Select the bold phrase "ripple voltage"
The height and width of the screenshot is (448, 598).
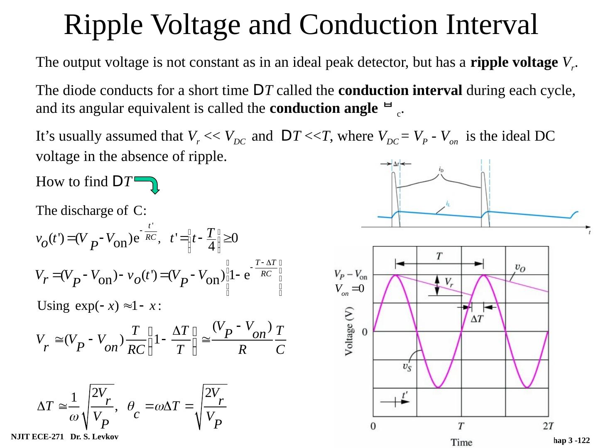click(x=515, y=63)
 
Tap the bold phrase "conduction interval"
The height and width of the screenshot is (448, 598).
click(x=400, y=90)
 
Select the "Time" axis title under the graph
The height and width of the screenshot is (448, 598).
click(x=461, y=442)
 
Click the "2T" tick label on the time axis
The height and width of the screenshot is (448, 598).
click(x=548, y=426)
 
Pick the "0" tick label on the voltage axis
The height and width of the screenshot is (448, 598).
click(x=364, y=332)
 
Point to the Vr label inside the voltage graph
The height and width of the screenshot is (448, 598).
click(x=449, y=282)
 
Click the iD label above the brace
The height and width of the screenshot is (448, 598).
click(x=441, y=169)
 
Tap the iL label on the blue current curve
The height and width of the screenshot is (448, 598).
click(x=448, y=204)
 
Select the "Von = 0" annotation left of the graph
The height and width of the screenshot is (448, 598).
click(x=350, y=289)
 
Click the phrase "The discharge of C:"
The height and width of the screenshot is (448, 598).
click(x=91, y=211)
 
